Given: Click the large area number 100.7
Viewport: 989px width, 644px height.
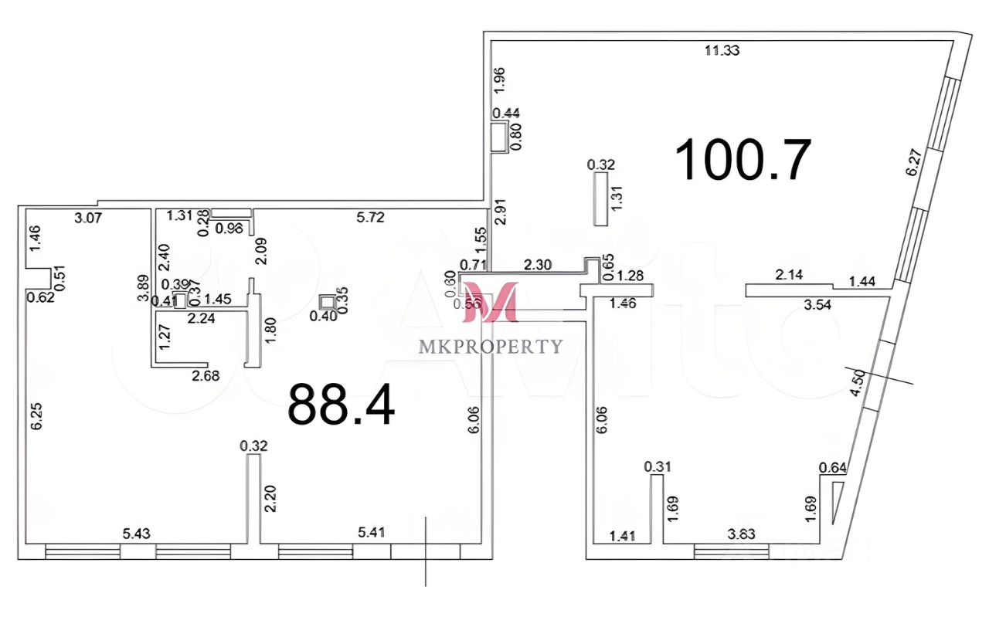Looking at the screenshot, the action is tap(743, 159).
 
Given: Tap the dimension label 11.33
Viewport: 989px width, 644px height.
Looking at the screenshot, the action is tap(722, 51).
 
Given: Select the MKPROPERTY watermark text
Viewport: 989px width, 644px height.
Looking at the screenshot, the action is tap(491, 347).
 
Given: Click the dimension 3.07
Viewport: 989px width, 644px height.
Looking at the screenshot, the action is tap(89, 218).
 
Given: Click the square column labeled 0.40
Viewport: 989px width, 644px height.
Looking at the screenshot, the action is tap(328, 302).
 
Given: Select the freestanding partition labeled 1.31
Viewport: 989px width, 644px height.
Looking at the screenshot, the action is tap(600, 198).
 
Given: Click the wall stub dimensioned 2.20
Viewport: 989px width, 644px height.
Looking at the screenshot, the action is tap(253, 498).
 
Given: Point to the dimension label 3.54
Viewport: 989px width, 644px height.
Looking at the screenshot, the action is tap(818, 303).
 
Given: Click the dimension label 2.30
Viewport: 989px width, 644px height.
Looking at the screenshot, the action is tap(537, 265).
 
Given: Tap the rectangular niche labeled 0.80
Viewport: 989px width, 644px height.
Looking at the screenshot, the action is tap(499, 137).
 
